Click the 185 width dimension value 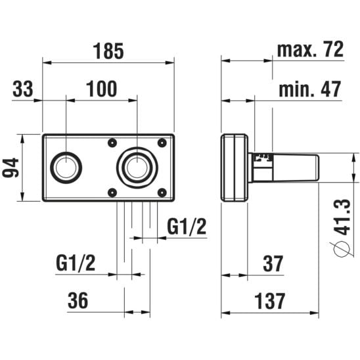(x=108, y=51)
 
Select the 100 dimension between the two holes (x=101, y=89)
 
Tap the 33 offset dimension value (x=23, y=89)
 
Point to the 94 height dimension (x=11, y=168)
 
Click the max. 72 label (x=310, y=49)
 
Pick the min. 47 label (x=309, y=89)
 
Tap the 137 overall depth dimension (x=269, y=301)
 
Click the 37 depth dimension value (x=273, y=263)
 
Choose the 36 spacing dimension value (x=78, y=300)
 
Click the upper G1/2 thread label (x=187, y=226)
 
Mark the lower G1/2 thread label (x=76, y=263)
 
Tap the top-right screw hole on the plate (x=162, y=143)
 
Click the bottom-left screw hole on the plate (x=112, y=192)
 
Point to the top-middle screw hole (x=112, y=143)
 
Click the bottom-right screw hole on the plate (x=162, y=192)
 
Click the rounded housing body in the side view (x=235, y=168)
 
